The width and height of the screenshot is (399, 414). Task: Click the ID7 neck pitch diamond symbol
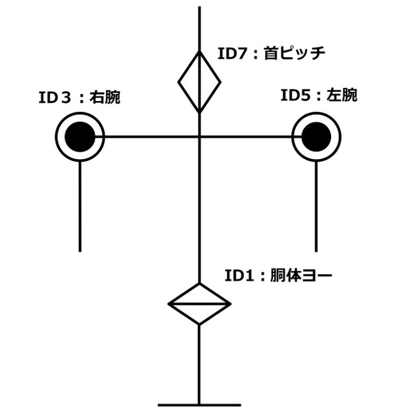tap(199, 82)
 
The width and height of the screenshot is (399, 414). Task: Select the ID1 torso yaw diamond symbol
tap(199, 303)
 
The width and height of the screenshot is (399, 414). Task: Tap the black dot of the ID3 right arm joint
tap(80, 136)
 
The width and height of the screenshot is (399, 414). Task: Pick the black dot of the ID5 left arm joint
tap(316, 136)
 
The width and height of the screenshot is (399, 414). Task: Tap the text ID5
tap(294, 96)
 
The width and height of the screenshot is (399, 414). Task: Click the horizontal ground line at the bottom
tap(199, 406)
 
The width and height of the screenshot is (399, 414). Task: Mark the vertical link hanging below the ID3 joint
tap(80, 207)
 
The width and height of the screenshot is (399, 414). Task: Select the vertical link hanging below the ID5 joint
tap(316, 207)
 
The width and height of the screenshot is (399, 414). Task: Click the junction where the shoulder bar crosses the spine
tap(199, 136)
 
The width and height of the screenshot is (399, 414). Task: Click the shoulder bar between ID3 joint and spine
tap(149, 136)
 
